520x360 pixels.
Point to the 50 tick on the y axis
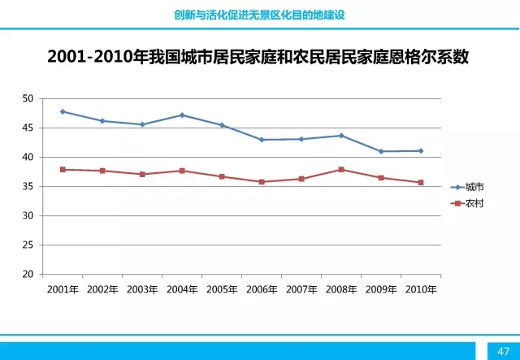tap(28, 98)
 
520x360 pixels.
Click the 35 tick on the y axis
tap(28, 186)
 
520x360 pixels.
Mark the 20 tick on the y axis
tap(28, 275)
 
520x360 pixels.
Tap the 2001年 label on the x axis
tap(63, 289)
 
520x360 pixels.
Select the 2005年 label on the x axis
tap(222, 289)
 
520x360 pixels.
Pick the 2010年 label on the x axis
tap(421, 289)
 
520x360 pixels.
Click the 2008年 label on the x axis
tap(341, 289)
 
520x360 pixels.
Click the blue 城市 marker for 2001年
tap(63, 111)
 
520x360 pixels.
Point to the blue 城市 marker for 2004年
tap(182, 115)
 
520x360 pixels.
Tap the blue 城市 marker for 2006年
tap(262, 140)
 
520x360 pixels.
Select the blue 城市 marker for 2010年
tap(421, 150)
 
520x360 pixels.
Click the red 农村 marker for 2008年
tap(341, 169)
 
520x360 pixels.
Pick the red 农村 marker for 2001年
tap(63, 169)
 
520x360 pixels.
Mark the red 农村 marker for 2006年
tap(262, 182)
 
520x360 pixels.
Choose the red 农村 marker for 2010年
tap(421, 182)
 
